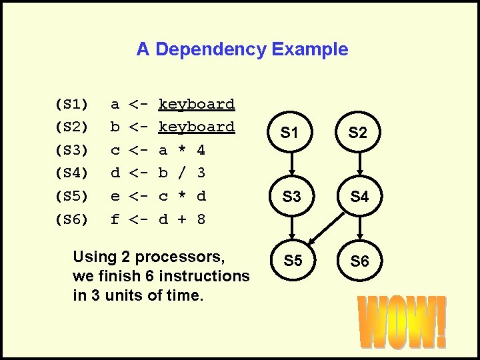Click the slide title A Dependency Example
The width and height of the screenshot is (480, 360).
[242, 49]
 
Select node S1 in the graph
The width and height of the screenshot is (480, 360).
[289, 133]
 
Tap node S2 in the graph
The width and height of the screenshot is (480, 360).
[359, 133]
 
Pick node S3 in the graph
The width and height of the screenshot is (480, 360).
[291, 197]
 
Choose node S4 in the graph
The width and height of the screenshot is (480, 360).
[359, 197]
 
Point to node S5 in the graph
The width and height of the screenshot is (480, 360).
[293, 261]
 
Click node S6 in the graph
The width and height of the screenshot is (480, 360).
[359, 261]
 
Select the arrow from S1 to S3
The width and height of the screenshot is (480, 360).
[291, 165]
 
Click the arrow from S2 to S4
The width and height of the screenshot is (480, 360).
[359, 165]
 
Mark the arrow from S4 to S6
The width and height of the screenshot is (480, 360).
[359, 227]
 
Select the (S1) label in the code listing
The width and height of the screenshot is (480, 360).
[71, 105]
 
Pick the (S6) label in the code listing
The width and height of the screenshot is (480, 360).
[71, 219]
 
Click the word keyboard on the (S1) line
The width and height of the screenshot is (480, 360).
[196, 105]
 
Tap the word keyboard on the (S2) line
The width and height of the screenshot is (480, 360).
[196, 127]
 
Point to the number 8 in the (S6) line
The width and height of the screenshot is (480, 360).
[201, 219]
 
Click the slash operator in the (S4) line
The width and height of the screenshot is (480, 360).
[182, 173]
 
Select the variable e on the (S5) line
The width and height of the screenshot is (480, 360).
[115, 196]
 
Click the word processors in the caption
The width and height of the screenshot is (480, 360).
[180, 257]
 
